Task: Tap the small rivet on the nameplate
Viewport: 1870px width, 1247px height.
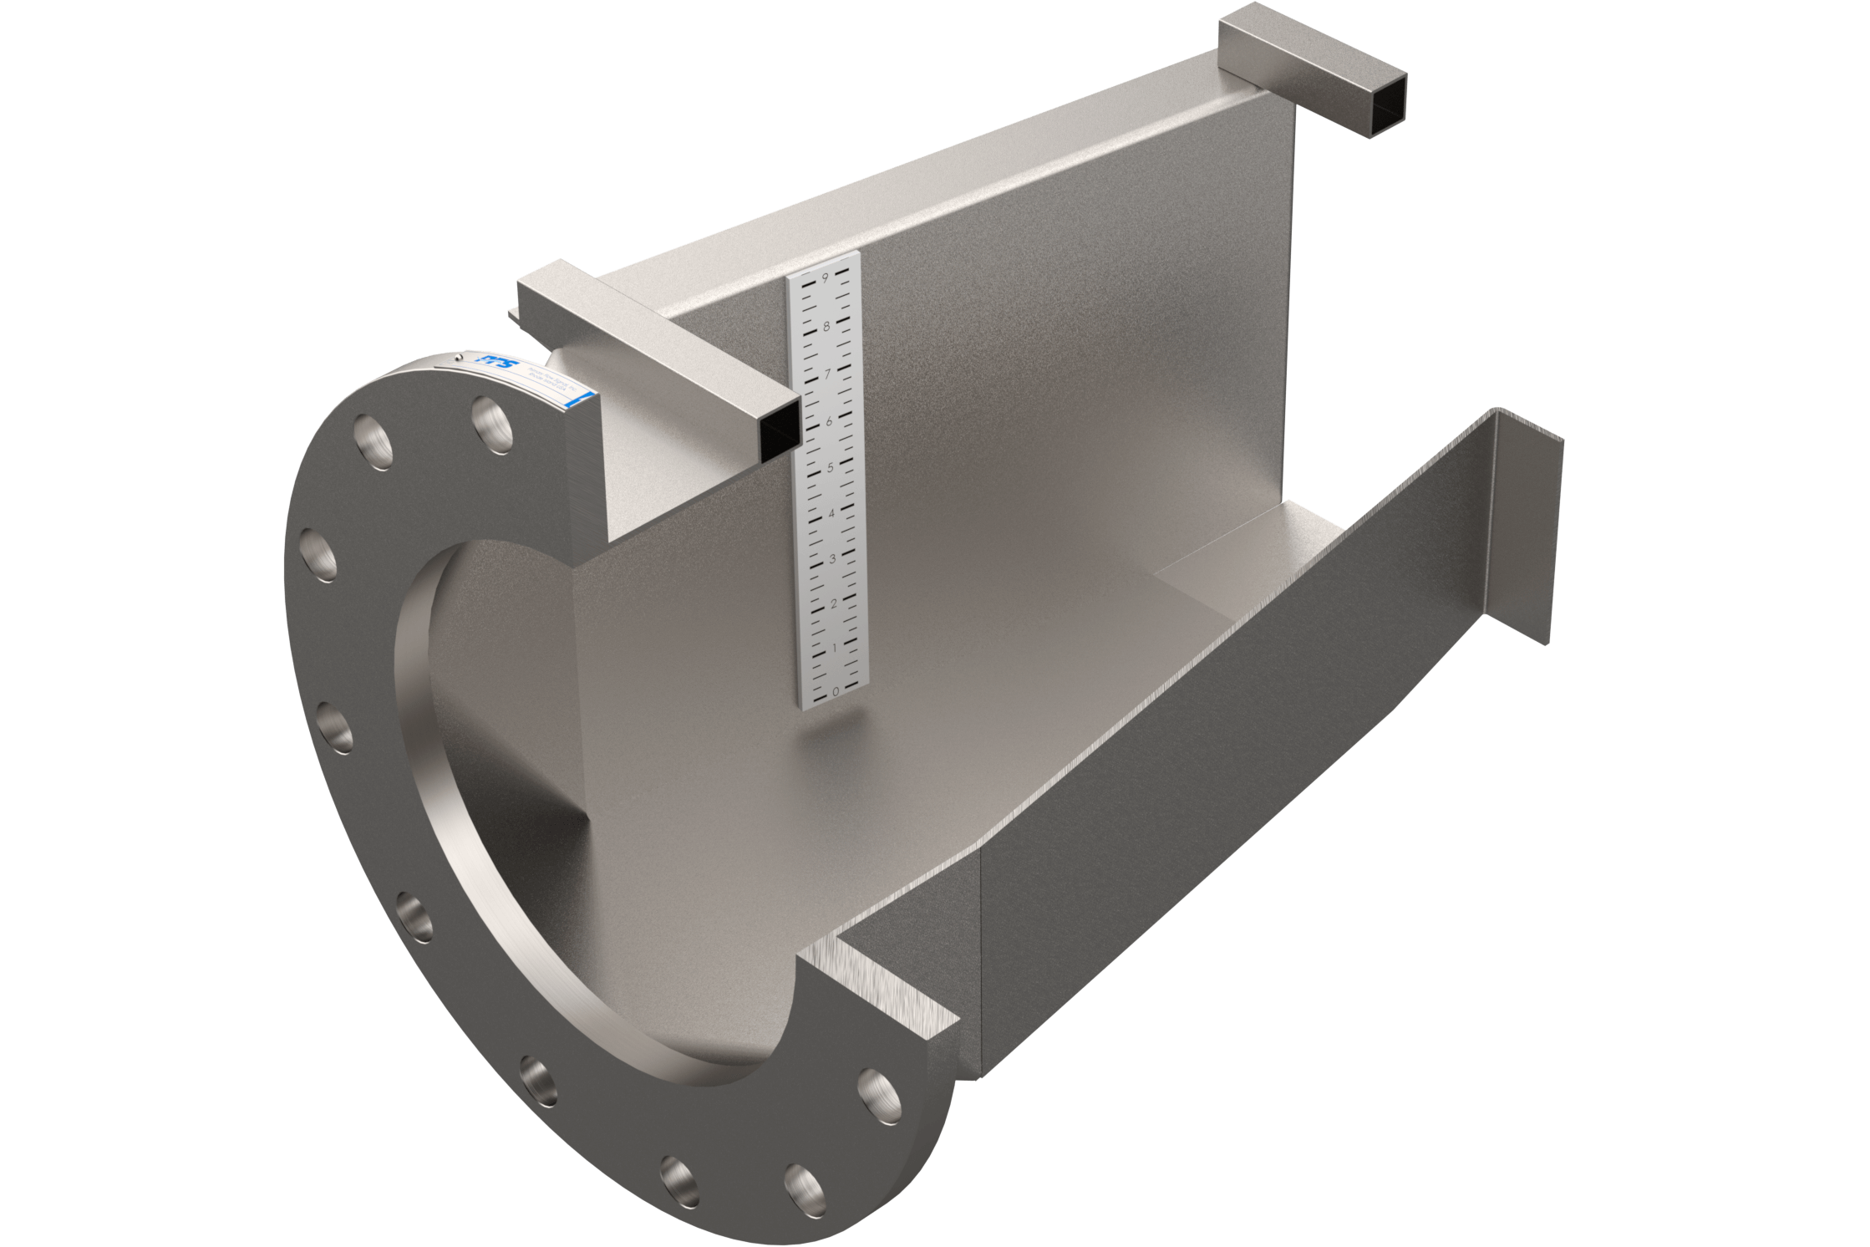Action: [459, 358]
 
